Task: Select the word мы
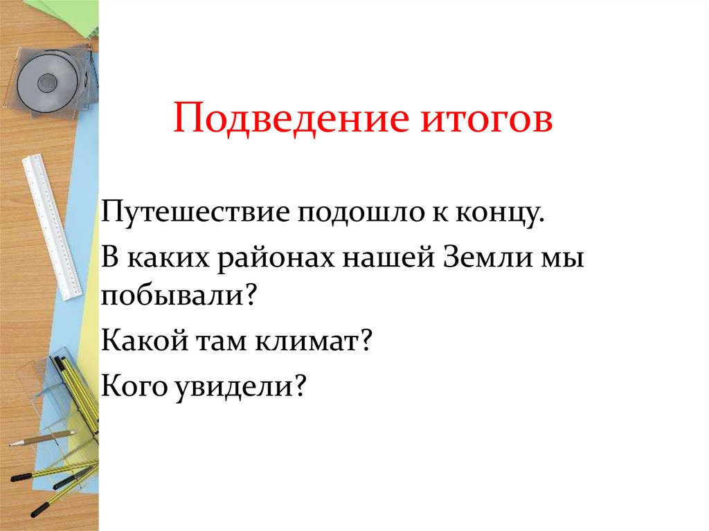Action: click(x=564, y=259)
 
